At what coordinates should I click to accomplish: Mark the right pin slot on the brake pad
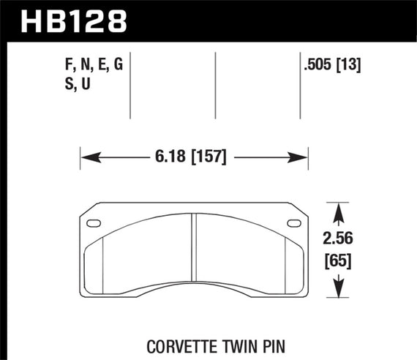pos(294,223)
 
